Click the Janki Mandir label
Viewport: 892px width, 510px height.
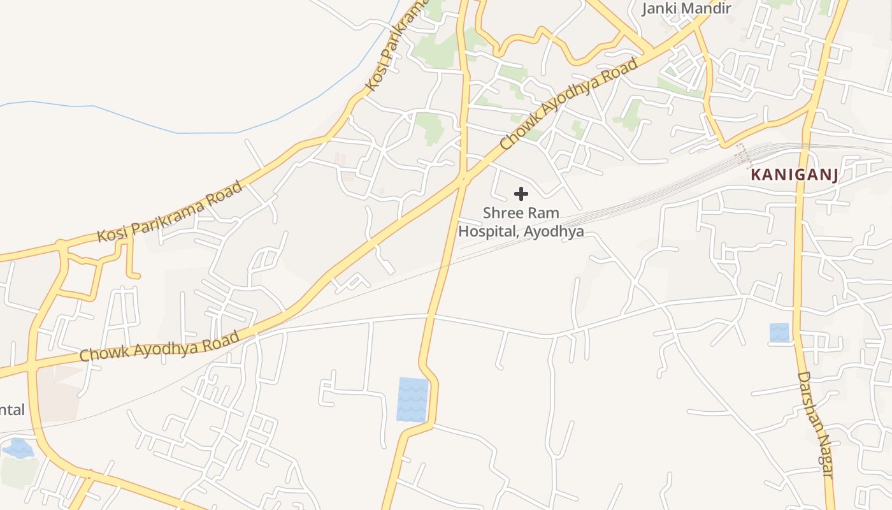[686, 8]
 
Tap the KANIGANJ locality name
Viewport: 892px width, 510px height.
[794, 175]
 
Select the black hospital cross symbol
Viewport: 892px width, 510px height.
[521, 194]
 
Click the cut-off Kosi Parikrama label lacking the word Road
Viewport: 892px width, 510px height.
[395, 48]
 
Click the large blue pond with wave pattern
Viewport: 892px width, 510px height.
[412, 399]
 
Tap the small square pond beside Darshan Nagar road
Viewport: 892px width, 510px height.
[779, 333]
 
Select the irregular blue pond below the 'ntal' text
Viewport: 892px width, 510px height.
[18, 448]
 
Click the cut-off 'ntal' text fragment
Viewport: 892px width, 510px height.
[12, 409]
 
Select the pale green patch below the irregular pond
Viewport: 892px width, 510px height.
[18, 472]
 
